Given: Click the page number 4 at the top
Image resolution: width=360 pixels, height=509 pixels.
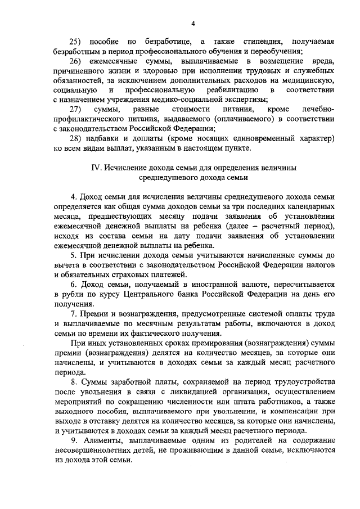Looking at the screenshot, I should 192,23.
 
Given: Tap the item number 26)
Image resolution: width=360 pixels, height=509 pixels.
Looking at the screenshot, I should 75,61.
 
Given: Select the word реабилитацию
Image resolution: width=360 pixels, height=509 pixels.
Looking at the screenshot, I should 230,90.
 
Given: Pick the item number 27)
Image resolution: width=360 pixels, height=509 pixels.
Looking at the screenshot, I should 75,109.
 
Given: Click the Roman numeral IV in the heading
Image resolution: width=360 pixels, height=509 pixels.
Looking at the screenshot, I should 96,168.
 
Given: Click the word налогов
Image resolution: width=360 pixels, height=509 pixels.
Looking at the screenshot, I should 319,265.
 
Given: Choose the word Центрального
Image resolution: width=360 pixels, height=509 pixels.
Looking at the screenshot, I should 160,294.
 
